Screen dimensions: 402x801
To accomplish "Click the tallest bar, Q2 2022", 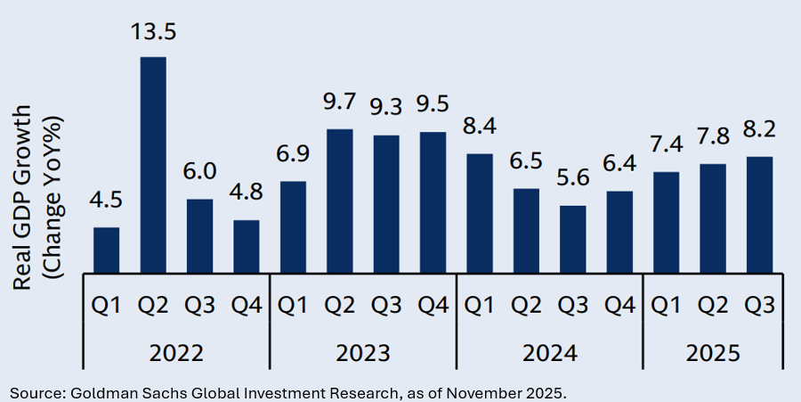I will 153,165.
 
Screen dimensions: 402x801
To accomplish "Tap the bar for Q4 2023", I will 433,202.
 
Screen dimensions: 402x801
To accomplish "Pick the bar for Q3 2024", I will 572,239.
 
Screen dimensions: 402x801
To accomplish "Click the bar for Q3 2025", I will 759,215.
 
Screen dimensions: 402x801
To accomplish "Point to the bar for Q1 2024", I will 480,213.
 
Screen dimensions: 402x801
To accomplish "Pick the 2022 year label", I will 176,353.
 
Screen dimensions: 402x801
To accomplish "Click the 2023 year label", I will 363,353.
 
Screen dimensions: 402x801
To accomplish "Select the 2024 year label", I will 549,353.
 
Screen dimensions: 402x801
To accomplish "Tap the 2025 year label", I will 713,353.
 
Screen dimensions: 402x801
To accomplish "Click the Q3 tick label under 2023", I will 386,305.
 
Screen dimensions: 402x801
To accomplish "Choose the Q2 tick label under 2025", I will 713,305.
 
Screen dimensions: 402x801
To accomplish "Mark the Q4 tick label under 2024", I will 619,305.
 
